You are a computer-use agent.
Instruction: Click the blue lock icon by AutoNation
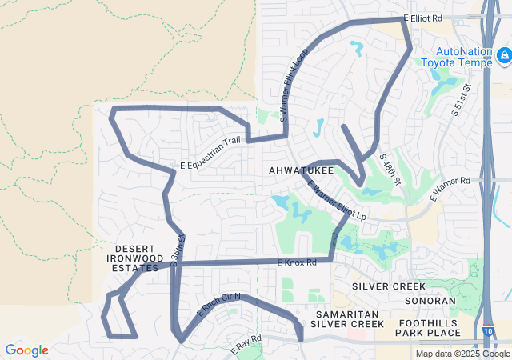(x=503, y=54)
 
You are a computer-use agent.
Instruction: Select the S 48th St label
(x=390, y=169)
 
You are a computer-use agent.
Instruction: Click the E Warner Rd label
(x=450, y=190)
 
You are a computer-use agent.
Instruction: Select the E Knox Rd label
(x=297, y=262)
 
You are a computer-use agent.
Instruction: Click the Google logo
(x=26, y=350)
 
